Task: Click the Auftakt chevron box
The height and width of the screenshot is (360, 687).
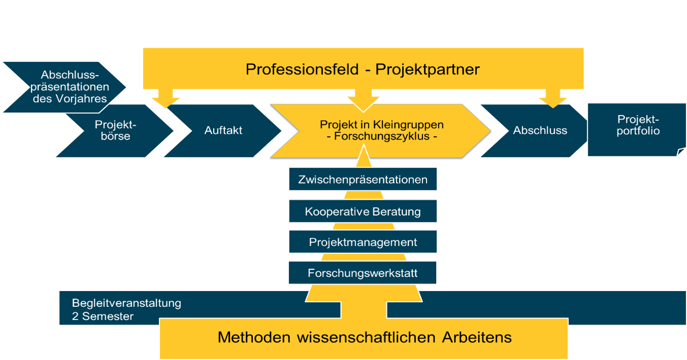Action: (x=223, y=131)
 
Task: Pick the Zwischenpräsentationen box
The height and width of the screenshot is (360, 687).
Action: (x=363, y=180)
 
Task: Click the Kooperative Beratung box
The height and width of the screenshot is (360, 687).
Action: (x=363, y=212)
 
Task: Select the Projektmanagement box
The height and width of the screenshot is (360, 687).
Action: (x=363, y=242)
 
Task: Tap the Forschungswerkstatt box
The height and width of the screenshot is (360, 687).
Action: (x=363, y=273)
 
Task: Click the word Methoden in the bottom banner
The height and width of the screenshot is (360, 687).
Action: (x=251, y=337)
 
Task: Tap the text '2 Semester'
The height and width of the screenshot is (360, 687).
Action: (x=103, y=317)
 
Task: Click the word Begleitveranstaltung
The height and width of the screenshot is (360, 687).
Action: (x=127, y=304)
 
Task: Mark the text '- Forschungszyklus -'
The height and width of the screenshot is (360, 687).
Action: (x=381, y=137)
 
